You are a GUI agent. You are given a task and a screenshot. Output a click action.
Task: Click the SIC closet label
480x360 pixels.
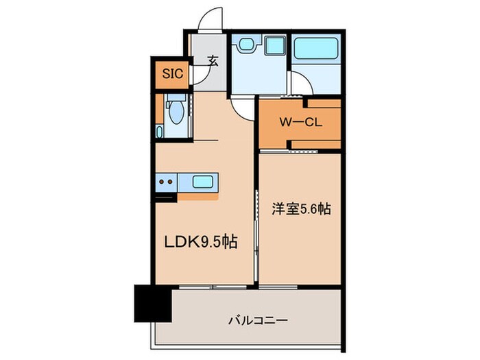[173, 74]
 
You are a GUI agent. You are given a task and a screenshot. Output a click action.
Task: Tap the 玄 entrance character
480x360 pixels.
[214, 61]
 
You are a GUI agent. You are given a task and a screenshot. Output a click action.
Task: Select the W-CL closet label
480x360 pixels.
[300, 123]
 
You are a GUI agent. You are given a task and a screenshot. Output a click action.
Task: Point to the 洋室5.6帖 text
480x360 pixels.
[299, 209]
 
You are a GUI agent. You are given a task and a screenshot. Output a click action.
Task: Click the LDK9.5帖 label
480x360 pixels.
[199, 242]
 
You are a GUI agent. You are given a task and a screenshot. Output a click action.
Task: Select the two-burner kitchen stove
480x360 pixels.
[166, 182]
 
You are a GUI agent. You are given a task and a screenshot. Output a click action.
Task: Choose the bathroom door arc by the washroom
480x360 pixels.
[302, 85]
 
